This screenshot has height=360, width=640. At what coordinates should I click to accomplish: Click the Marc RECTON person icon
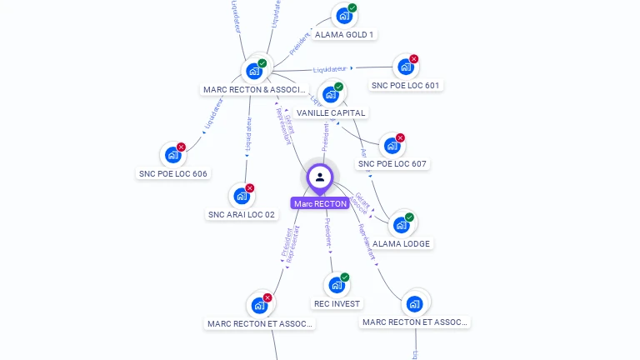point(320,177)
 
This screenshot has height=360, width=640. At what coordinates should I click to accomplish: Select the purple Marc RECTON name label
point(320,203)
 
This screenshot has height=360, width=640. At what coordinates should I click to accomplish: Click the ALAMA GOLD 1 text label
point(344,35)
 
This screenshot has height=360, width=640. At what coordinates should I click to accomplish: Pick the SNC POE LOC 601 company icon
point(404,67)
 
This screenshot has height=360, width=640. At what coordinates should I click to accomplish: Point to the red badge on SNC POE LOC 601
point(413,59)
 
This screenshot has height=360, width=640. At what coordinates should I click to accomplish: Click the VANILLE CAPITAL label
point(331,112)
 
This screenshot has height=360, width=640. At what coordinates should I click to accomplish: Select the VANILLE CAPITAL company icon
point(330,94)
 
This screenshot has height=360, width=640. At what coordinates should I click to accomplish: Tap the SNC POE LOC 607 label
point(392,164)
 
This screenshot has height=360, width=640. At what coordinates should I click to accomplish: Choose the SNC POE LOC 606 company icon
point(172,155)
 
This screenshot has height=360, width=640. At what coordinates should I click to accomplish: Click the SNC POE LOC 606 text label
point(172,173)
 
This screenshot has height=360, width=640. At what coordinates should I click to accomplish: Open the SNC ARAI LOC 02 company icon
point(241,196)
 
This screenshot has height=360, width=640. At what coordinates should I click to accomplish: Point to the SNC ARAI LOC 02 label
point(241,214)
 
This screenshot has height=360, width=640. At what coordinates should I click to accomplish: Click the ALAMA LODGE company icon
point(401,225)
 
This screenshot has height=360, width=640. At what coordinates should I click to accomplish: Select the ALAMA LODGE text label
point(401,243)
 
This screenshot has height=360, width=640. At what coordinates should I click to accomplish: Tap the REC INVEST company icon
point(337,285)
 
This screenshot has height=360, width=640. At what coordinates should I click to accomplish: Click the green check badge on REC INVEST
point(345,277)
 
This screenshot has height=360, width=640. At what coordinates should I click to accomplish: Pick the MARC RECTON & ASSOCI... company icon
point(254,72)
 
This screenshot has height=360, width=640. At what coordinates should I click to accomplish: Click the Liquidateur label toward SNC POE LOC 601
point(331,68)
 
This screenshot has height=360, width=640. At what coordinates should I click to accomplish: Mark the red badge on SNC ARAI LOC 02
point(249,188)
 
